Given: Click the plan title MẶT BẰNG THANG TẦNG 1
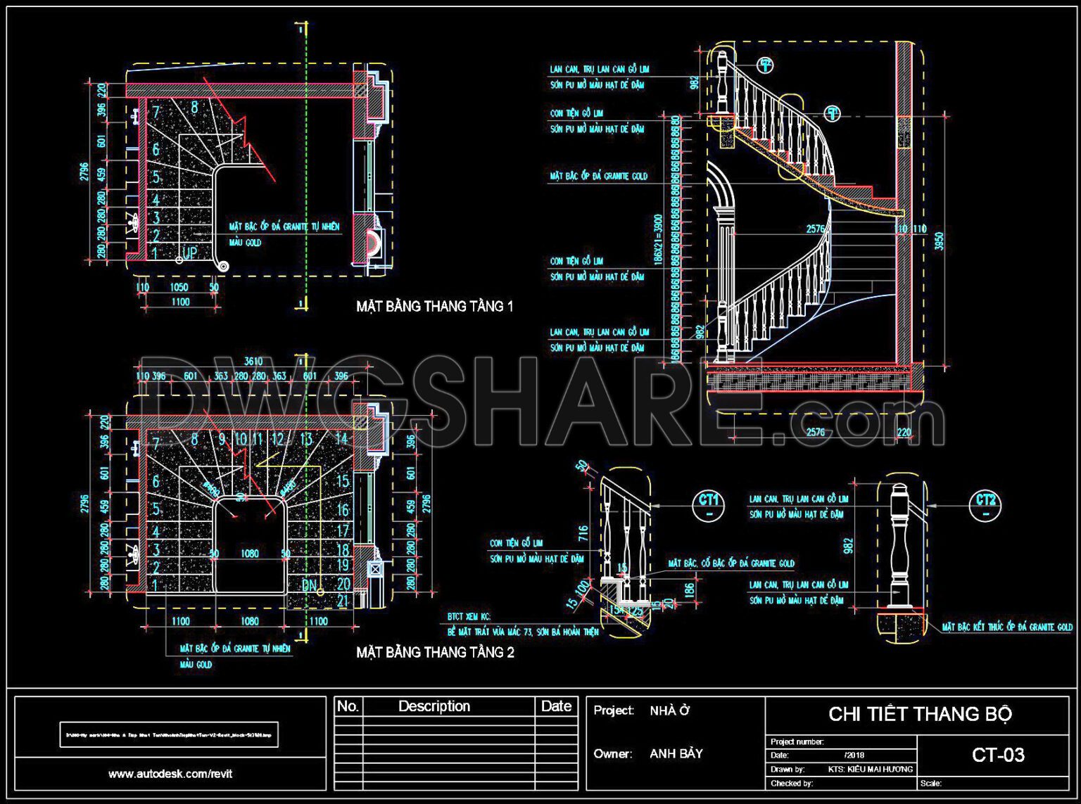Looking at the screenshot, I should (434, 307).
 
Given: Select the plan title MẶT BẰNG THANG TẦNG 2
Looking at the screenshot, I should (434, 653).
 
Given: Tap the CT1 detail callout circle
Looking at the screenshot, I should (708, 504).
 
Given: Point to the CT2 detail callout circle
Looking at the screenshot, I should (985, 504).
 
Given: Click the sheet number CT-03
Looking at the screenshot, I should (997, 755).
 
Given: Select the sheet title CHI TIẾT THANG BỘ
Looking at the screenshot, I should (920, 715).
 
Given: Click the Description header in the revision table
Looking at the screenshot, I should (434, 706).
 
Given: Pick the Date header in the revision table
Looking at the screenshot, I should (556, 706).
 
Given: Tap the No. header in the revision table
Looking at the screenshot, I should (348, 706).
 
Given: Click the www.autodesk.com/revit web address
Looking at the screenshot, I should (170, 774).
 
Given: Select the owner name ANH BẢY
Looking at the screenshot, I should (676, 754).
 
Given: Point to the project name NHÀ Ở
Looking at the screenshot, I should (669, 711).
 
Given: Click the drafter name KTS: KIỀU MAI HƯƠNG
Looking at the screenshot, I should (870, 769).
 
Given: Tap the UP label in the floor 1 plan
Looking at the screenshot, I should (190, 253).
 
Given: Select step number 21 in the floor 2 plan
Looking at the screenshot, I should (343, 601).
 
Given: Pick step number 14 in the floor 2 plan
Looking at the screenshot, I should (341, 439).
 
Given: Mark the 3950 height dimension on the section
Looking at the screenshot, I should (938, 241).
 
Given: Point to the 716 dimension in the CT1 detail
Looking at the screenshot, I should (583, 532).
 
